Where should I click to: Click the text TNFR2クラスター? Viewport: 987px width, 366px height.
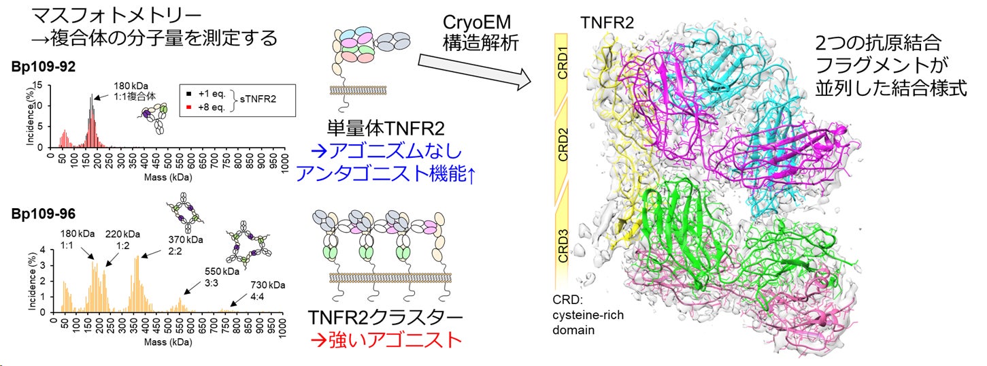[x=386, y=318]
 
